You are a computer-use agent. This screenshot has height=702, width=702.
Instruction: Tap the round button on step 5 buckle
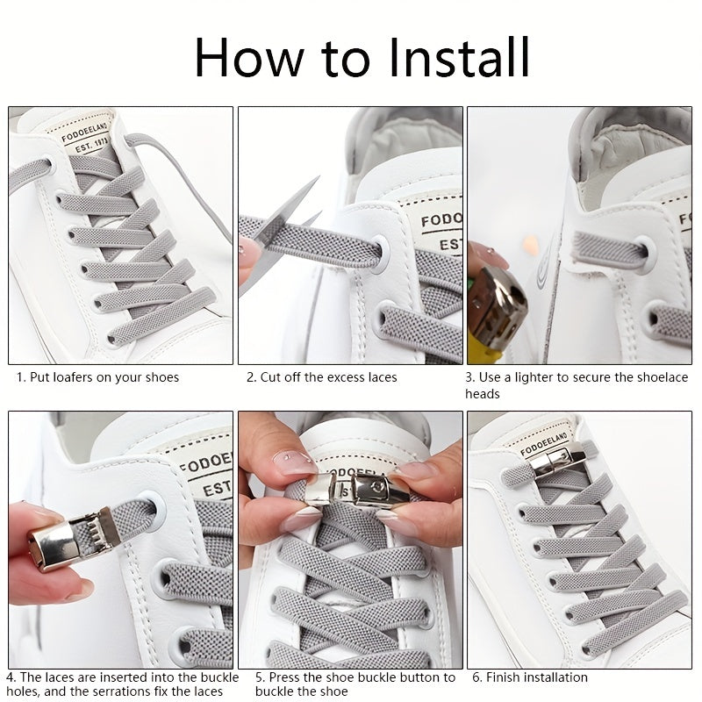coord(375,484)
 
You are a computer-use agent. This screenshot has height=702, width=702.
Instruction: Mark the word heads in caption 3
coord(482,394)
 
